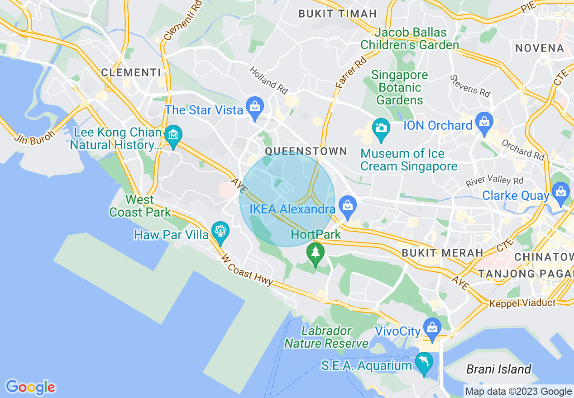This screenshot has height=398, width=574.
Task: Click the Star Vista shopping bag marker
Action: [255, 107]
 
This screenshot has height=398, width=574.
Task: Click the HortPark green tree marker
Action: [315, 253]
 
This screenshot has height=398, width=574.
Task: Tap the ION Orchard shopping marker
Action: [484, 123]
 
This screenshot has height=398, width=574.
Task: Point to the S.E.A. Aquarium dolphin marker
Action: [424, 362]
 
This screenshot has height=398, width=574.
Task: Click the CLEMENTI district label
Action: [131, 72]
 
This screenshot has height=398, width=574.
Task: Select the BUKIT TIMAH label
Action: [337, 14]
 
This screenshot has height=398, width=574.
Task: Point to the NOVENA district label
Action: [540, 48]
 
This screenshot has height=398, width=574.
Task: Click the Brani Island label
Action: [498, 369]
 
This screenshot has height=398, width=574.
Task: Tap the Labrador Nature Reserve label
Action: [326, 337]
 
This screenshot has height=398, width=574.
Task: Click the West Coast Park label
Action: [140, 206]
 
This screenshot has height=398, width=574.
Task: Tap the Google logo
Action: [30, 387]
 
